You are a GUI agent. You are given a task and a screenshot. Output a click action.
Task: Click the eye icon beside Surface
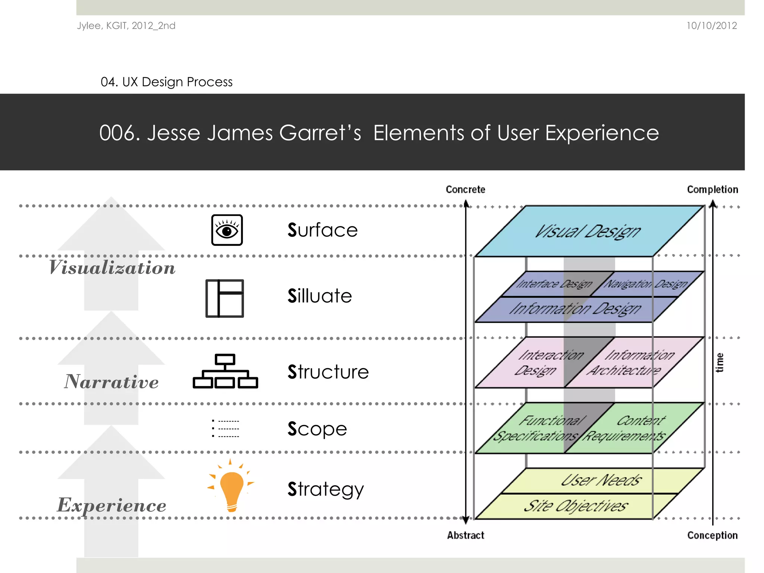point(227,230)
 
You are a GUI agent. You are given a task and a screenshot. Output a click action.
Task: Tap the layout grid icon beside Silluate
point(225,298)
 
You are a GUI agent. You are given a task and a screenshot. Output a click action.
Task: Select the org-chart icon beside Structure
point(225,371)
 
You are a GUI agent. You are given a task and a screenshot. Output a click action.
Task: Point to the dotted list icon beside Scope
point(225,428)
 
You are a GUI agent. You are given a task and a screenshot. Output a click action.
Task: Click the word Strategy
point(325,489)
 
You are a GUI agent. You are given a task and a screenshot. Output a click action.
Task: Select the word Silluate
point(320,296)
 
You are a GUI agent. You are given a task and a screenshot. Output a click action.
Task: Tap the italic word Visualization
point(112,268)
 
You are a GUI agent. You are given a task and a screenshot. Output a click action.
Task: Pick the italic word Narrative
point(111,382)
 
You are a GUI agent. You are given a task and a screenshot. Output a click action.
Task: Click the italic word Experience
point(111,505)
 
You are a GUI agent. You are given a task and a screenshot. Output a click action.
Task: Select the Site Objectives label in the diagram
point(576,506)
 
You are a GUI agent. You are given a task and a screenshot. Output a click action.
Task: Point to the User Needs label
point(601,480)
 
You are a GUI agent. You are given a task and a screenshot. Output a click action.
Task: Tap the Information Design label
point(575,309)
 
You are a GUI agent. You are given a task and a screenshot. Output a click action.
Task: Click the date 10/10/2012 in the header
point(711,26)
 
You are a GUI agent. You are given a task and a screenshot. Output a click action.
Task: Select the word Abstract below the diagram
point(466,535)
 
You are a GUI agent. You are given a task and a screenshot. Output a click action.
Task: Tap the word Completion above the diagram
point(712,190)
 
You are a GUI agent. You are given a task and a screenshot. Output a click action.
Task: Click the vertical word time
point(720,363)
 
